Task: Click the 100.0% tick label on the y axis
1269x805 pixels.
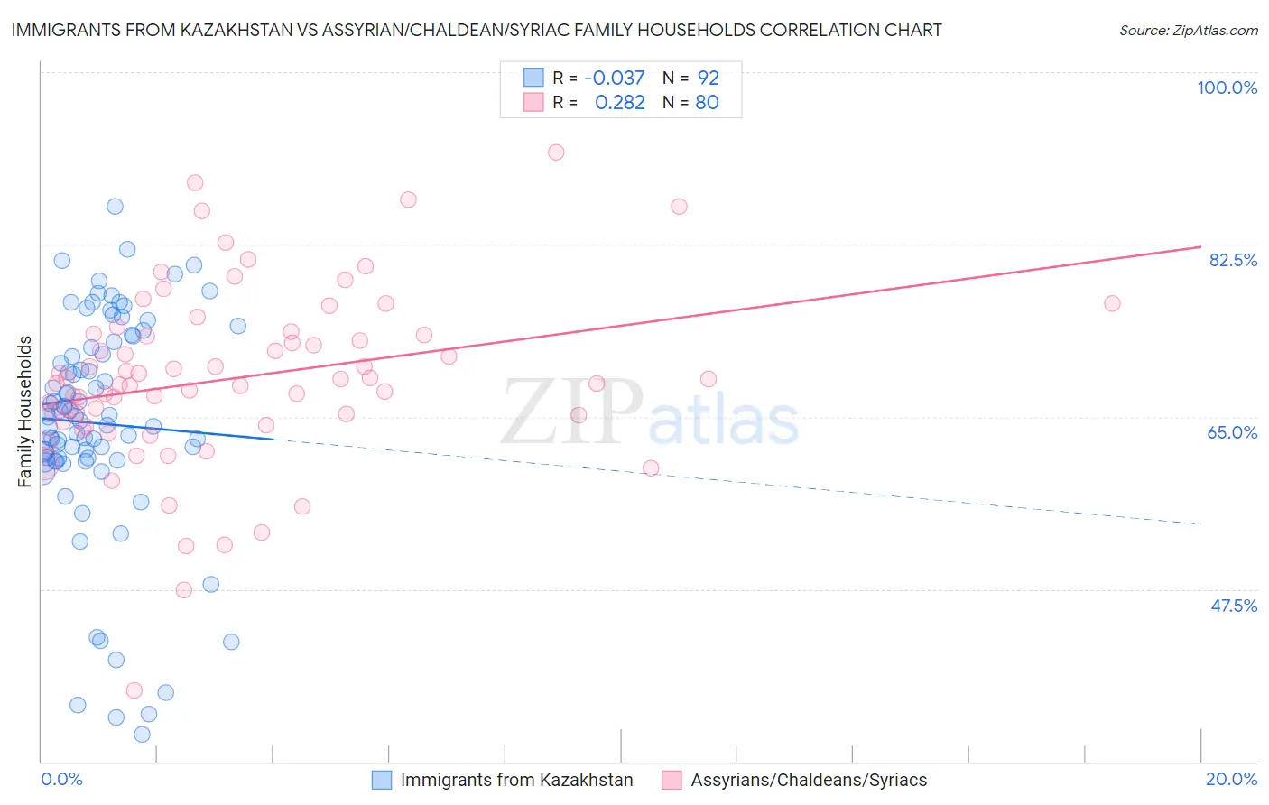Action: tap(1227, 88)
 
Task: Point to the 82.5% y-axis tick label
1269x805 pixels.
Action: tap(1233, 260)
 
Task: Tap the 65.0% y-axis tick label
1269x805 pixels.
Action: tap(1232, 432)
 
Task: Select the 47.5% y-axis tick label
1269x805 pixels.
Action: tap(1233, 606)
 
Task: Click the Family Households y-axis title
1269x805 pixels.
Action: tap(25, 412)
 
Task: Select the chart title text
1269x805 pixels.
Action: tap(477, 30)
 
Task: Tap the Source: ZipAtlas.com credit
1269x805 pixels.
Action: tap(1188, 30)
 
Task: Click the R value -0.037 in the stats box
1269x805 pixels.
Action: tap(615, 79)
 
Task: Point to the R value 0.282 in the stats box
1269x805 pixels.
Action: tap(620, 103)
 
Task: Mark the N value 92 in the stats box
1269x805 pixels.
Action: tap(708, 79)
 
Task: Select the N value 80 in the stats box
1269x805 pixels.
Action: tap(707, 103)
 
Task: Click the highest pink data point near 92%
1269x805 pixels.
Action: tap(556, 153)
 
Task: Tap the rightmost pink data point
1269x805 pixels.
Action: tap(1112, 303)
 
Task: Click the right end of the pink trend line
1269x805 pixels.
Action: tap(1200, 246)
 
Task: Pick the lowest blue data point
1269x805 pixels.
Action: tap(142, 735)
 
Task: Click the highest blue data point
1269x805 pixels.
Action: tap(115, 207)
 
